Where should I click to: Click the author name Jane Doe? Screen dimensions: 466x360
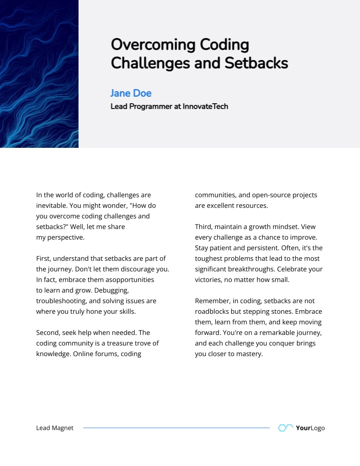(x=131, y=93)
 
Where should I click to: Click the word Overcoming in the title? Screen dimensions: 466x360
(x=153, y=45)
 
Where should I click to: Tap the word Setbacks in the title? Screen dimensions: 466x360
(x=256, y=63)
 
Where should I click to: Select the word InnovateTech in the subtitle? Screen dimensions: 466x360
(x=205, y=106)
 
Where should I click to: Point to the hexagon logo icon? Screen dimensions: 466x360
(x=285, y=428)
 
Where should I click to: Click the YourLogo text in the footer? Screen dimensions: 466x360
(x=310, y=428)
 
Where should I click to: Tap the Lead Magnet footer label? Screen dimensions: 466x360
(x=55, y=428)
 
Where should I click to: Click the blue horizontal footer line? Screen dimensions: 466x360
(x=176, y=428)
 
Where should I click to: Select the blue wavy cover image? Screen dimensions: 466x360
(x=39, y=74)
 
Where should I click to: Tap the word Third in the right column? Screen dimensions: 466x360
(x=204, y=227)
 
